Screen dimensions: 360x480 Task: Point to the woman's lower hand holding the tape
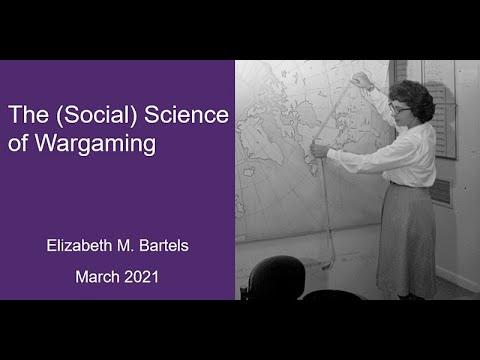tap(319, 149)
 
